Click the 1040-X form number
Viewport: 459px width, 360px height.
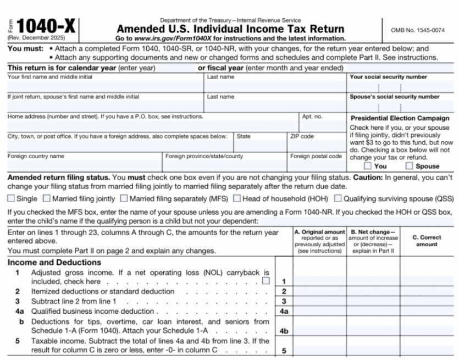pyautogui.click(x=47, y=27)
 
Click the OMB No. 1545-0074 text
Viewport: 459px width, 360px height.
pyautogui.click(x=418, y=30)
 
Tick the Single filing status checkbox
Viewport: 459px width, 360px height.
pyautogui.click(x=11, y=198)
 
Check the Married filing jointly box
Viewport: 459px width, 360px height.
pyautogui.click(x=47, y=198)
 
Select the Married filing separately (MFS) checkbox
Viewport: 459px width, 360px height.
pyautogui.click(x=124, y=198)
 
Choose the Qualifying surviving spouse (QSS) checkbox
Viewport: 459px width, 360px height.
pyautogui.click(x=338, y=198)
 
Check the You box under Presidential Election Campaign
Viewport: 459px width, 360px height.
pyautogui.click(x=368, y=165)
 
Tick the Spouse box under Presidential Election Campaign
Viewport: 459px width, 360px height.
pyautogui.click(x=410, y=165)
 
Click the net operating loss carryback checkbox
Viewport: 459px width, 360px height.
pyautogui.click(x=266, y=281)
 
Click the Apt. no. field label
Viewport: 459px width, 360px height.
pyautogui.click(x=312, y=117)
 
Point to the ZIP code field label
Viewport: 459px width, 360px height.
pyautogui.click(x=302, y=136)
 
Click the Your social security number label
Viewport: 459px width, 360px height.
pyautogui.click(x=388, y=77)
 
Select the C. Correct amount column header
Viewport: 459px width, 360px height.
pyautogui.click(x=427, y=241)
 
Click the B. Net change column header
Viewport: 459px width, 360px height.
pyautogui.click(x=373, y=241)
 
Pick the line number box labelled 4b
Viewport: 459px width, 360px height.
pyautogui.click(x=284, y=331)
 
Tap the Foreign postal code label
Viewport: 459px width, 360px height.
pyautogui.click(x=316, y=156)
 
